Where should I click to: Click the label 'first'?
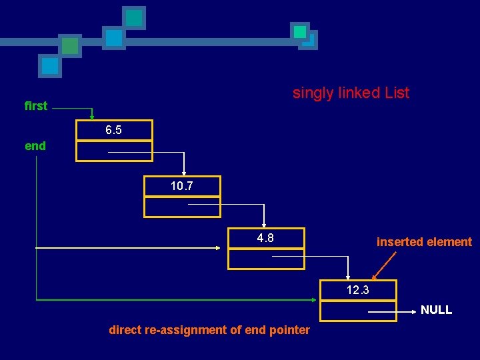(x=36, y=106)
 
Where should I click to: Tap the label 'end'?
(x=35, y=146)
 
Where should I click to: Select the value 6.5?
(x=114, y=131)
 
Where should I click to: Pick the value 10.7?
(x=182, y=186)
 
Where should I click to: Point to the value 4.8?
(x=265, y=238)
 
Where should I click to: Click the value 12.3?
(x=358, y=290)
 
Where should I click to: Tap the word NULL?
(x=436, y=310)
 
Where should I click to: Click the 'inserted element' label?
(x=424, y=242)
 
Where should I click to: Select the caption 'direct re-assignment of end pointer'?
(x=209, y=330)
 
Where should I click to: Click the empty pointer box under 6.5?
(x=93, y=152)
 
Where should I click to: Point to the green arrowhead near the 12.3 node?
(x=317, y=300)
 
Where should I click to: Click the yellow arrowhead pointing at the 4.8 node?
(x=218, y=248)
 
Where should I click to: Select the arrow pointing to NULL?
(x=393, y=311)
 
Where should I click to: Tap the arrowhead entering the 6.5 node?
(x=93, y=117)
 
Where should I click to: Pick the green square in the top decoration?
(x=69, y=46)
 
